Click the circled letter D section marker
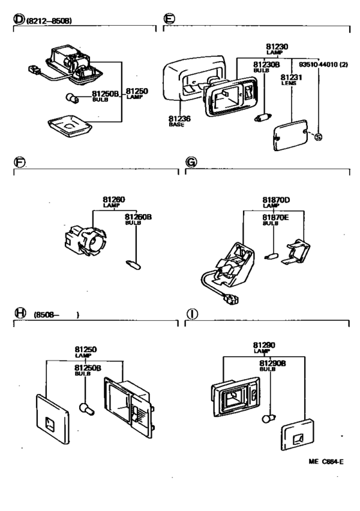pyautogui.click(x=19, y=19)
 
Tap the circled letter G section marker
pyautogui.click(x=191, y=162)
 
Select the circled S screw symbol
pyautogui.click(x=318, y=137)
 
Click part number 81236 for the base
pyautogui.click(x=179, y=119)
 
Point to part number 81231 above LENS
pyautogui.click(x=291, y=77)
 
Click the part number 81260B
pyautogui.click(x=138, y=217)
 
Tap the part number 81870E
pyautogui.click(x=275, y=217)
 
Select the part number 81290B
pyautogui.click(x=273, y=363)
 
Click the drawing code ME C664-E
pyautogui.click(x=326, y=462)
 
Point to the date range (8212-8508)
pyautogui.click(x=49, y=21)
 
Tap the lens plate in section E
pyautogui.click(x=291, y=135)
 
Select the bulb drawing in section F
pyautogui.click(x=133, y=265)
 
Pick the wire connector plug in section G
pyautogui.click(x=231, y=299)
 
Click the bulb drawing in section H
pyautogui.click(x=87, y=409)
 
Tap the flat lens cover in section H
pyautogui.click(x=53, y=419)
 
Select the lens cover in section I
pyautogui.click(x=298, y=435)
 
